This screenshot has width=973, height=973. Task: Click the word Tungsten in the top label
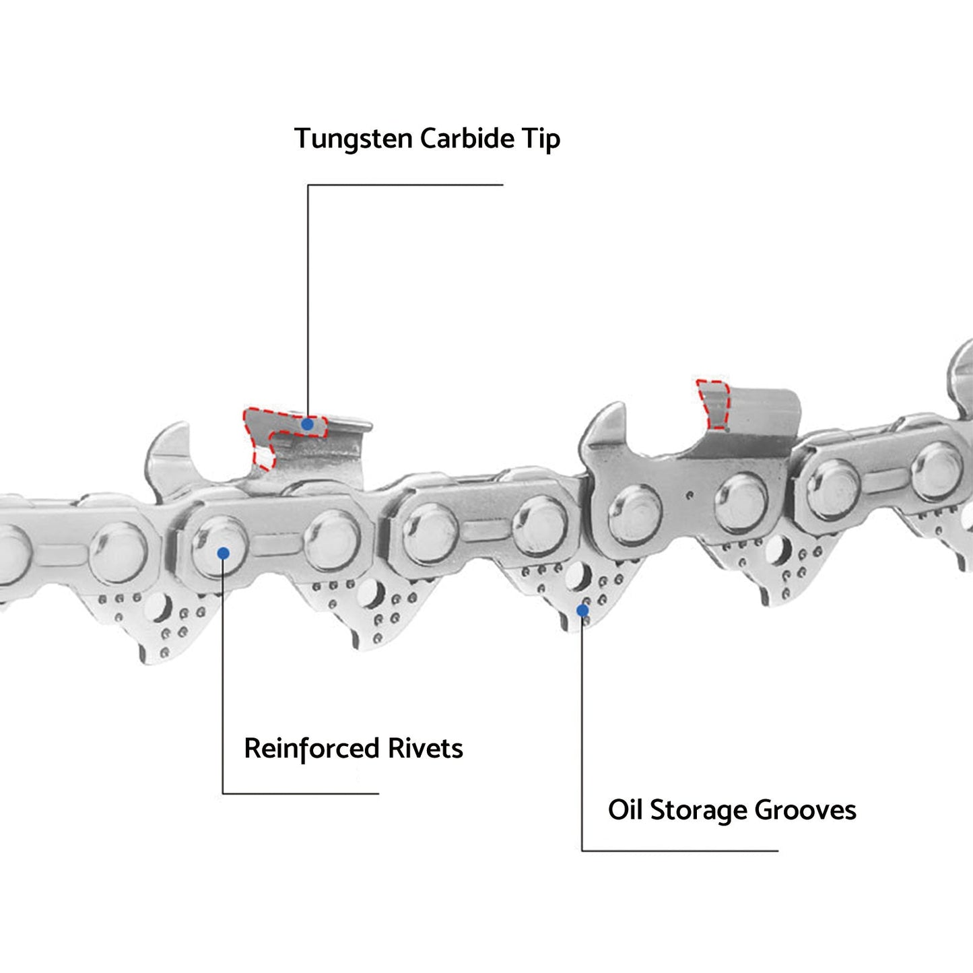[354, 139]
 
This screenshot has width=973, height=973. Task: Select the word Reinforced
[311, 749]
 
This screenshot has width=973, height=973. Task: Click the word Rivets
[425, 748]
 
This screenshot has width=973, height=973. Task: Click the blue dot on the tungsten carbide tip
[307, 425]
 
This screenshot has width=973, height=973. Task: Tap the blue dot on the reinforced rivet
[223, 553]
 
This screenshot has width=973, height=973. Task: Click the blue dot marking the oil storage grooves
[582, 611]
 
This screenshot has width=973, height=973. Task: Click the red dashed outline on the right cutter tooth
[713, 404]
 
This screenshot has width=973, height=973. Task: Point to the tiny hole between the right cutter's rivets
[690, 496]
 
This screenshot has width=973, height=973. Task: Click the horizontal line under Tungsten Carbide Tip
[405, 184]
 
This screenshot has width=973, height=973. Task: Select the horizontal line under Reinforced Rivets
[301, 793]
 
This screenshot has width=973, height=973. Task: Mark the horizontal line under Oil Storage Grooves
[679, 851]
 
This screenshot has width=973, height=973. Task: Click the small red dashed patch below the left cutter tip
[264, 457]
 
